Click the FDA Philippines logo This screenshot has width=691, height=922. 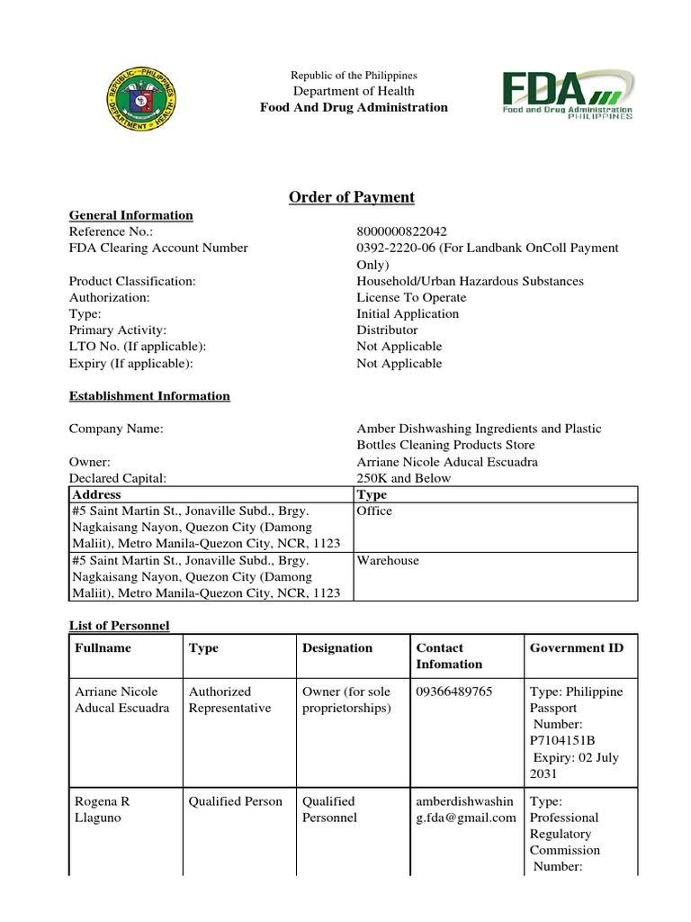[566, 95]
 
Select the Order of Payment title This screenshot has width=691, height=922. [352, 198]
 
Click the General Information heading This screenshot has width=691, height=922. [131, 215]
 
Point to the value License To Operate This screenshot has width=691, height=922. [411, 297]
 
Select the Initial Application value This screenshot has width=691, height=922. [408, 313]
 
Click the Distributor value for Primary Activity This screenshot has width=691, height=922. [387, 330]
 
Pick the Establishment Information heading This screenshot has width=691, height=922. [149, 396]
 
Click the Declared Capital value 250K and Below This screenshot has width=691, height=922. [404, 478]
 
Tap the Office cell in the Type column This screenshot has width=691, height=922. [375, 511]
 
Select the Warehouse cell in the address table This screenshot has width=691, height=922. [388, 560]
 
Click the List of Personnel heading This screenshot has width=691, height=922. [120, 625]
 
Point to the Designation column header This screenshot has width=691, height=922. [337, 647]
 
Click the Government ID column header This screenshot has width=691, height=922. [577, 647]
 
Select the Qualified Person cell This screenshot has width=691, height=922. [236, 801]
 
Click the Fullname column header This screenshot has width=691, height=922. [103, 647]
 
